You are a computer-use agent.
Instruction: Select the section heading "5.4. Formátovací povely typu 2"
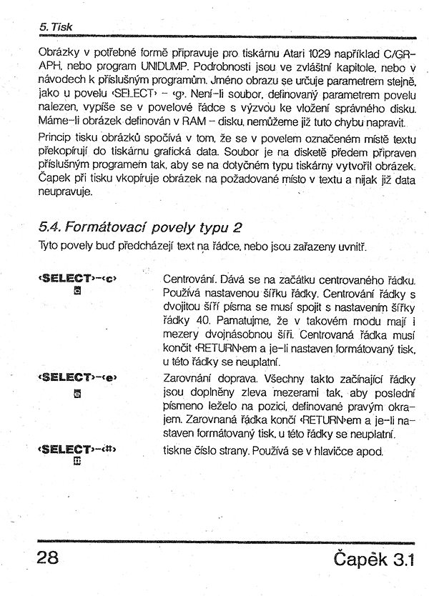pos(142,228)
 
